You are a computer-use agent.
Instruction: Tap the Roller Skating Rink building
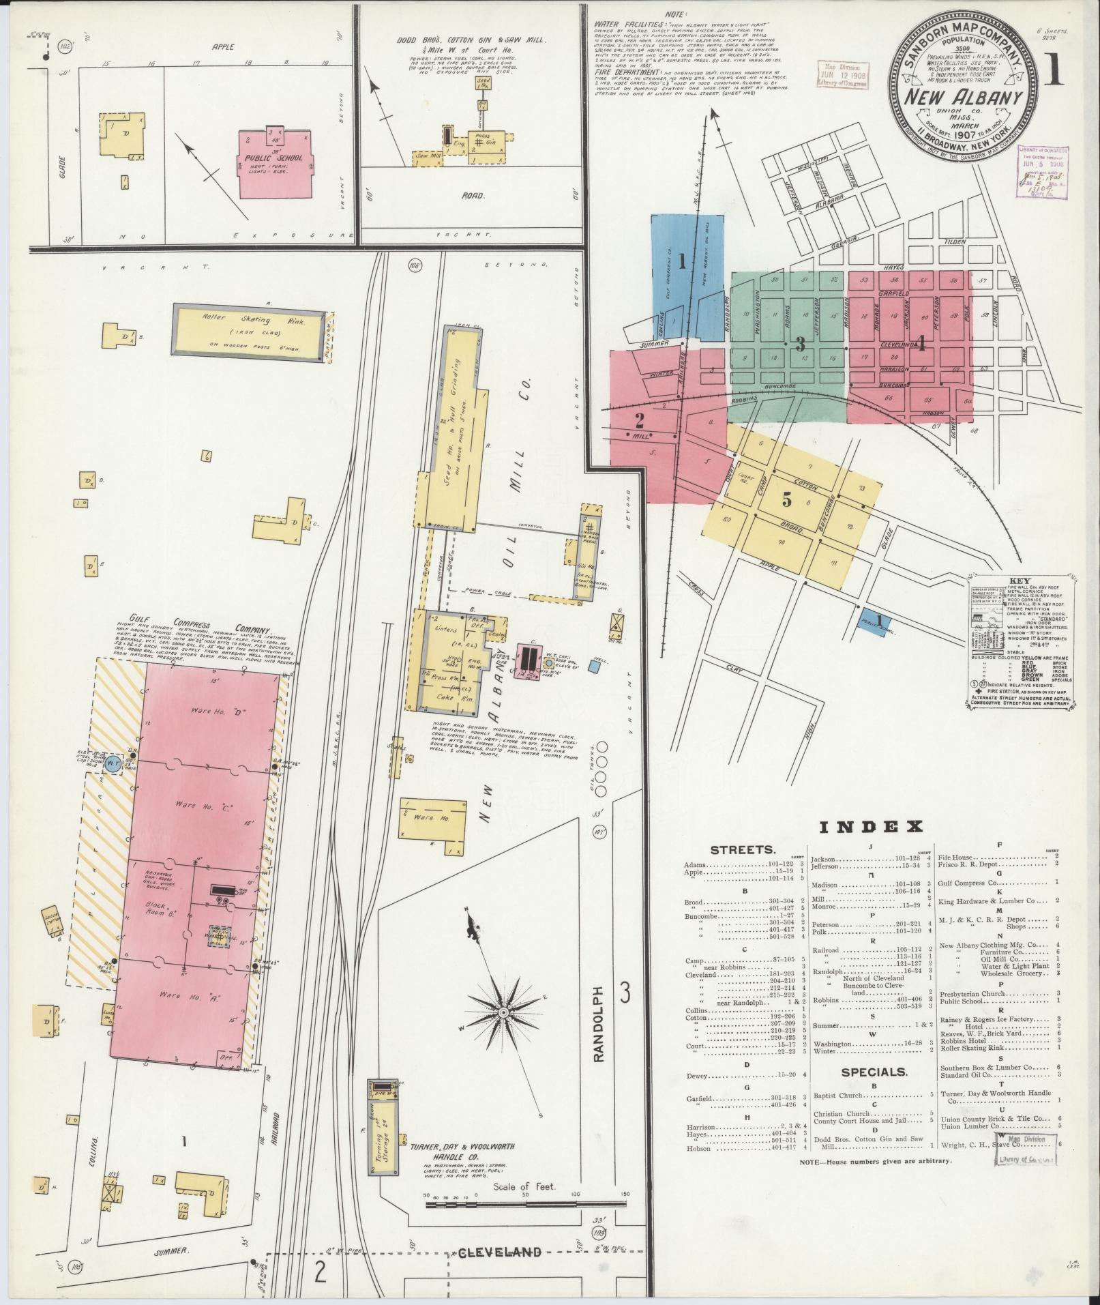[248, 330]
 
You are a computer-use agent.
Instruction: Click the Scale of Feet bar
[524, 1224]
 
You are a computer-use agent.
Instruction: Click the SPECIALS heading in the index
[874, 1091]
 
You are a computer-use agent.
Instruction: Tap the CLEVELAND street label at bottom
[500, 1271]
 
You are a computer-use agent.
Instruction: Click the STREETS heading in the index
[743, 850]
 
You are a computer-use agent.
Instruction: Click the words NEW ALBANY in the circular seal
[962, 97]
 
